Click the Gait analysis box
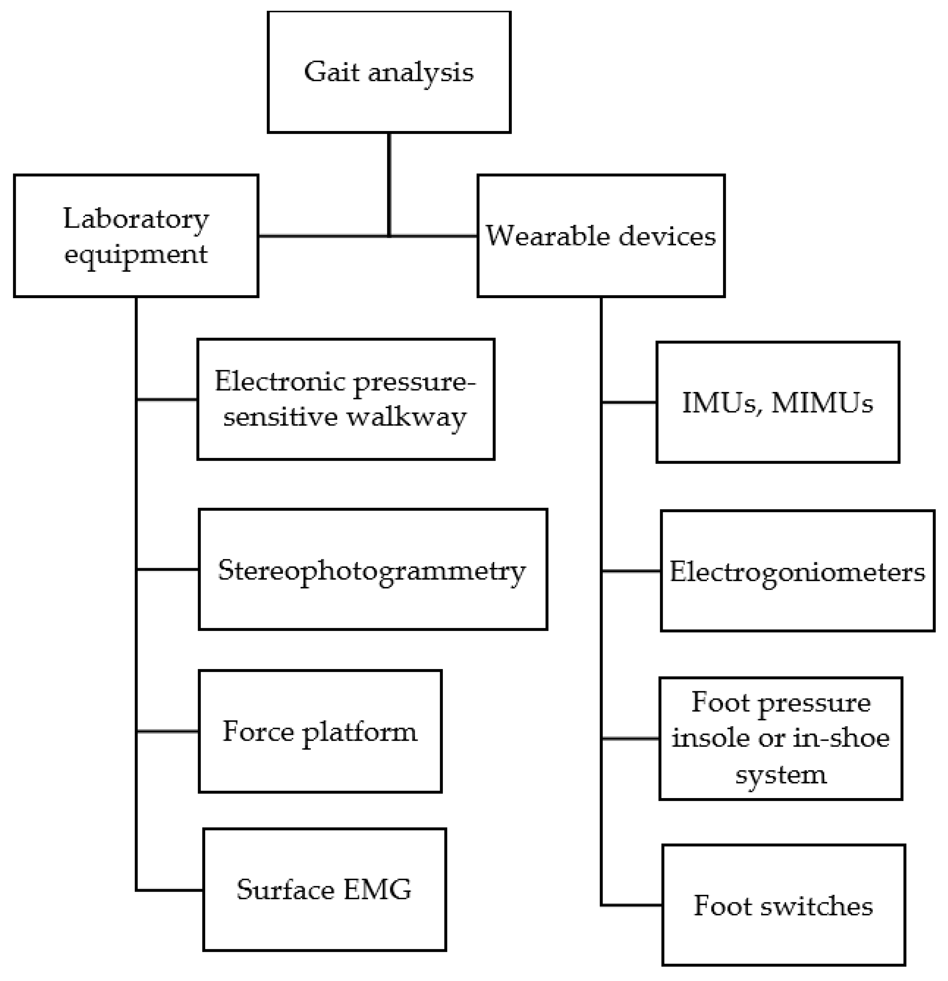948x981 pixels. (x=389, y=72)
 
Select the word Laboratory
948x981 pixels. (x=136, y=219)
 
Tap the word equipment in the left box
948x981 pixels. (x=136, y=254)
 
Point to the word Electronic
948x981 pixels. (x=280, y=381)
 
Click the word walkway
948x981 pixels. (x=407, y=417)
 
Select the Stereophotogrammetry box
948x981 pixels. (x=372, y=570)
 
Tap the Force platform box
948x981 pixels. (x=320, y=731)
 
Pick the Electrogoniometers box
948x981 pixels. (x=797, y=571)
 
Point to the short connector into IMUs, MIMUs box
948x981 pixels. (x=629, y=402)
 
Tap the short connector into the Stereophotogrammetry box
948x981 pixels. (x=167, y=570)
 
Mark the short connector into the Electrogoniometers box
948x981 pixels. (x=631, y=571)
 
